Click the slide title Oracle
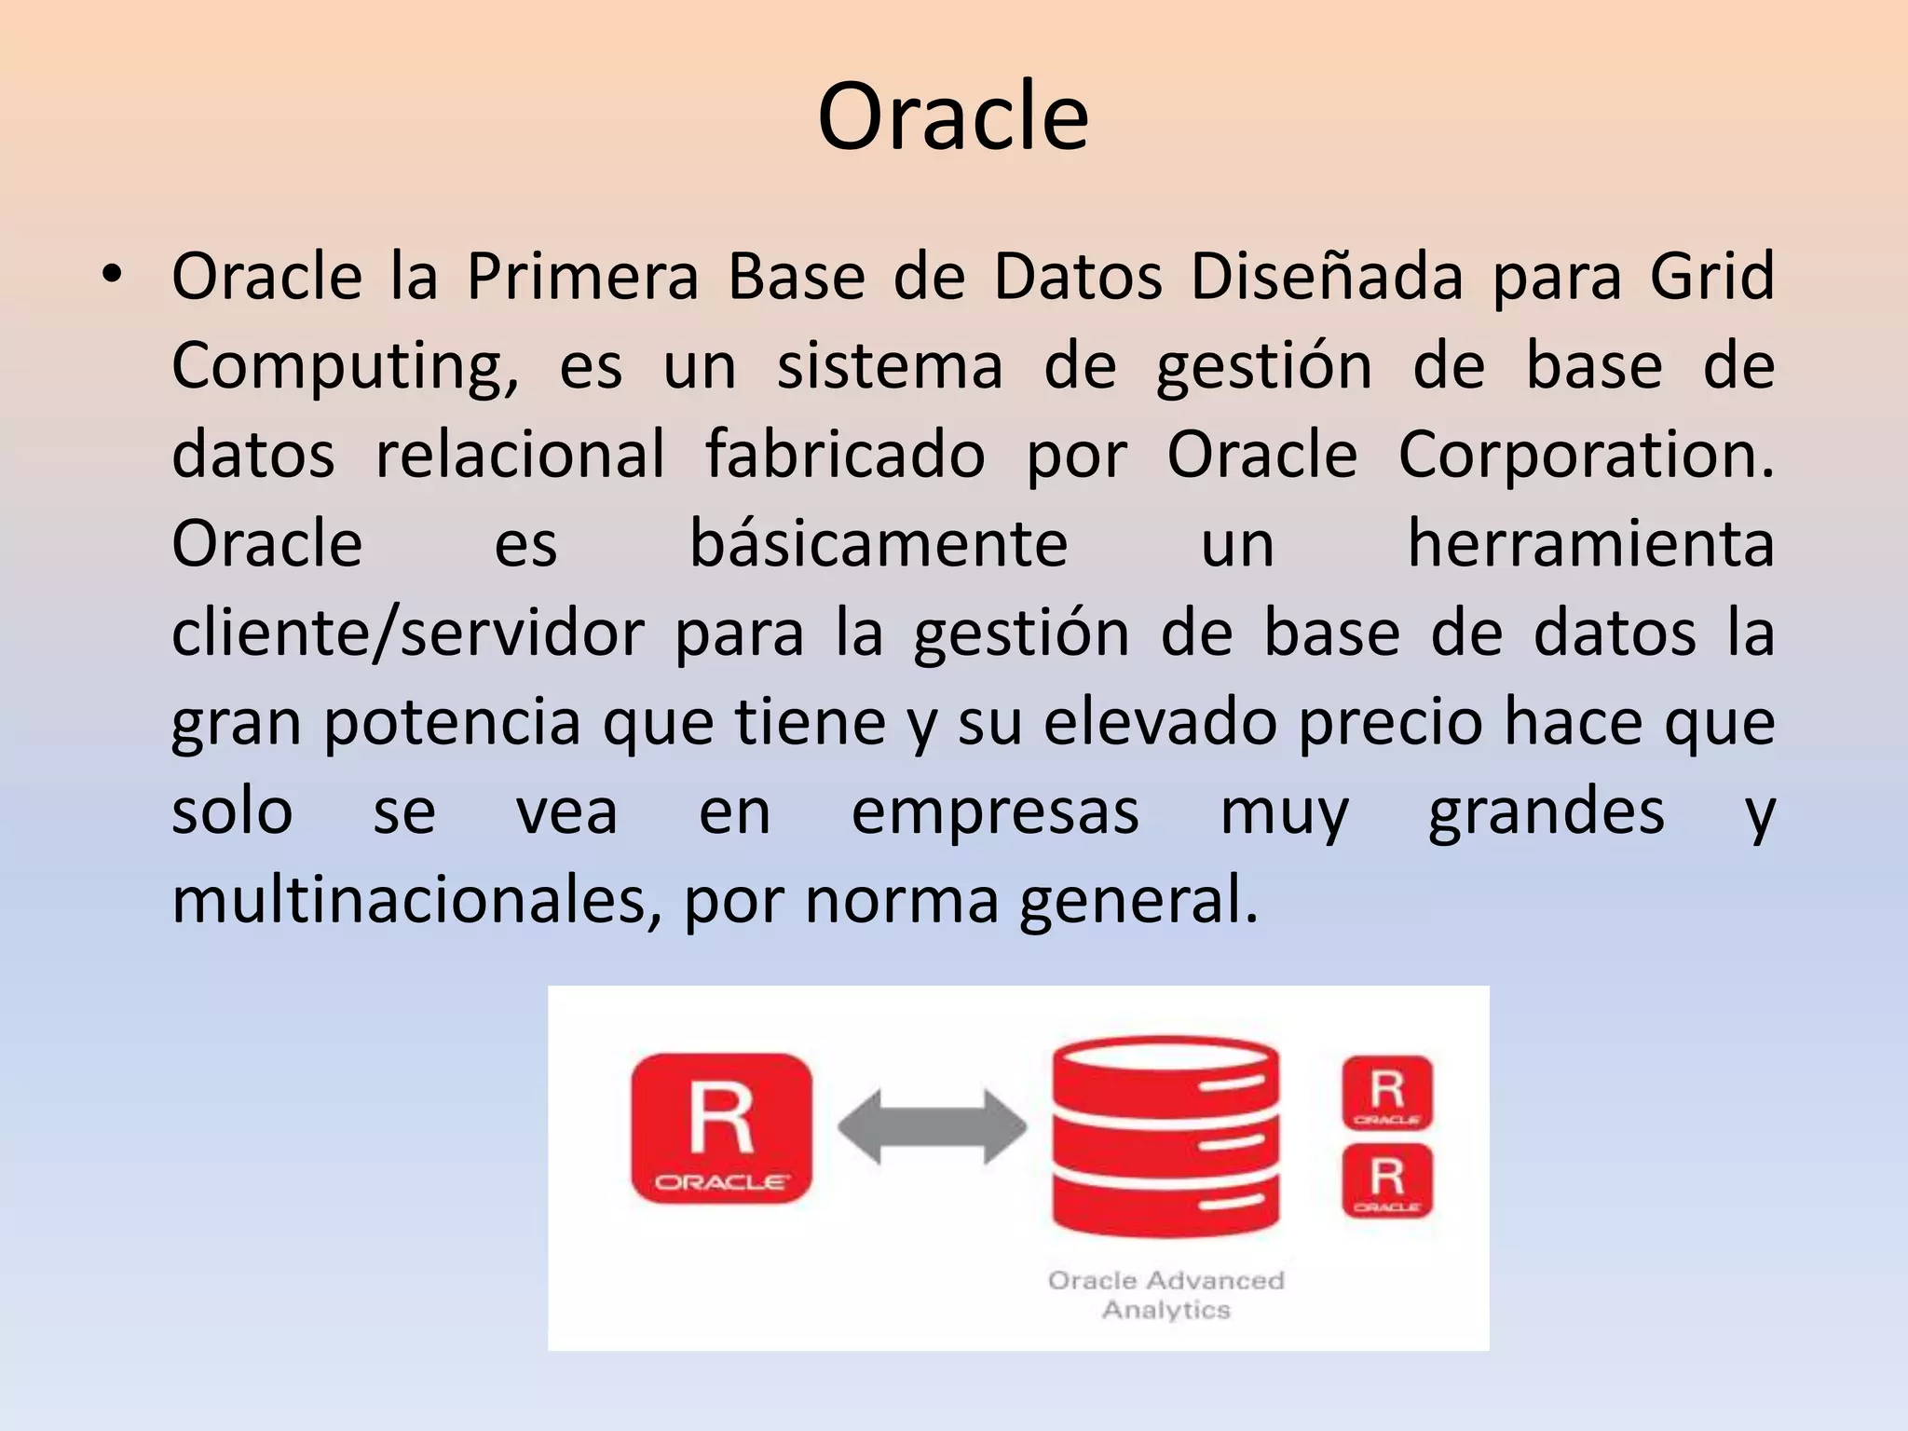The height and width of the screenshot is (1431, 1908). (x=952, y=116)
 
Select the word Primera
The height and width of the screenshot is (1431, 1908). (x=582, y=277)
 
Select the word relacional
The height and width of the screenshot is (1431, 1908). (x=520, y=455)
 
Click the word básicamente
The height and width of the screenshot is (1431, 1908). (x=878, y=544)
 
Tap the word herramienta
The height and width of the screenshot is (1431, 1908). (x=1589, y=544)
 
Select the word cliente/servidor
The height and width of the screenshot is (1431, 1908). (x=407, y=634)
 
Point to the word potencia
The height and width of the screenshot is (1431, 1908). (x=452, y=722)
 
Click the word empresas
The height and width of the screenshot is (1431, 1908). (x=995, y=811)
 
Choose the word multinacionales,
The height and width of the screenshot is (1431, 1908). (x=416, y=901)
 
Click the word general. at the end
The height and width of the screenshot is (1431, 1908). (x=1138, y=901)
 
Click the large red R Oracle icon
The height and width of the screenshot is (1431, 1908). (x=721, y=1128)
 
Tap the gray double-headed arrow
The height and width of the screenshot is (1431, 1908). (x=932, y=1128)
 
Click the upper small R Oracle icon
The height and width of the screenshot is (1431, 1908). (x=1386, y=1092)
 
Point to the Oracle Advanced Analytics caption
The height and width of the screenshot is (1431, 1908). (x=1165, y=1294)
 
